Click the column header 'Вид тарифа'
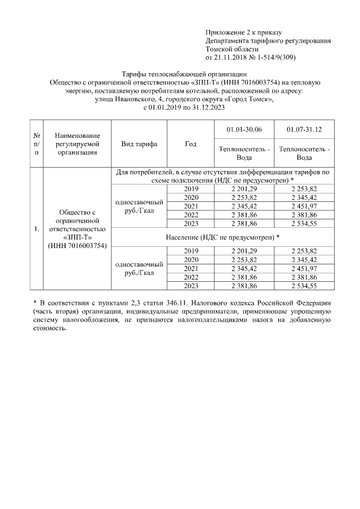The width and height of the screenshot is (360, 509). [139, 144]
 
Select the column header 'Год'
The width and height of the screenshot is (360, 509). [191, 144]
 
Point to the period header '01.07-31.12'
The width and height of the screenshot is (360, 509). [304, 129]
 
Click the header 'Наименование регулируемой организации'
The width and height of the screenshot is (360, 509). [78, 144]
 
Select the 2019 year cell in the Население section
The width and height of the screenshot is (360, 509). [191, 250]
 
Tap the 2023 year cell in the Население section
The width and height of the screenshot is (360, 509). [191, 286]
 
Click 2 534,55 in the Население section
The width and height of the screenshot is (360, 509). [304, 286]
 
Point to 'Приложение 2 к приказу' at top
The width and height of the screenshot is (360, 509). [244, 33]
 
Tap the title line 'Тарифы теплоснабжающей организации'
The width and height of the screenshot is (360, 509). [184, 74]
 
